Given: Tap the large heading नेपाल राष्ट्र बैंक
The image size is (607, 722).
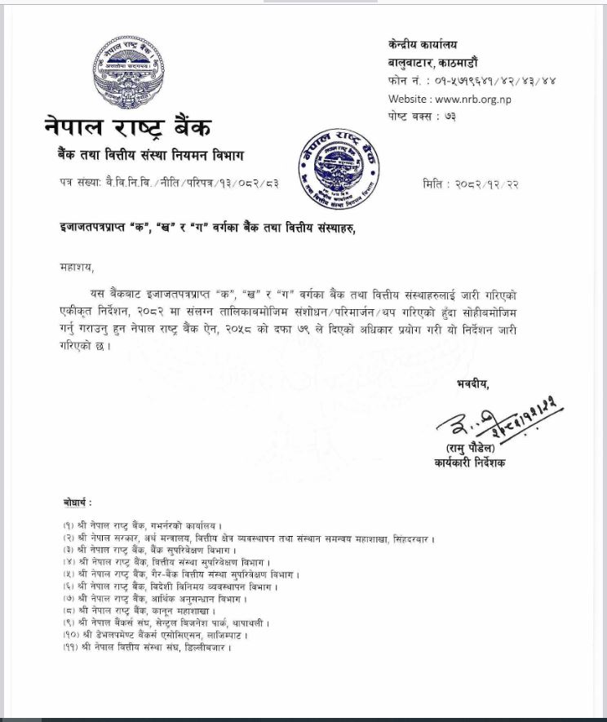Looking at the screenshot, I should pyautogui.click(x=128, y=127).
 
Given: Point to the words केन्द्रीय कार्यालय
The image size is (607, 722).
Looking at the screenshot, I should pyautogui.click(x=423, y=44).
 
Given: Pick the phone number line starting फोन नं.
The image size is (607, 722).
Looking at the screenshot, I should pyautogui.click(x=472, y=81).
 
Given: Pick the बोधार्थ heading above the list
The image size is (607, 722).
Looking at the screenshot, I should pyautogui.click(x=78, y=502).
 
